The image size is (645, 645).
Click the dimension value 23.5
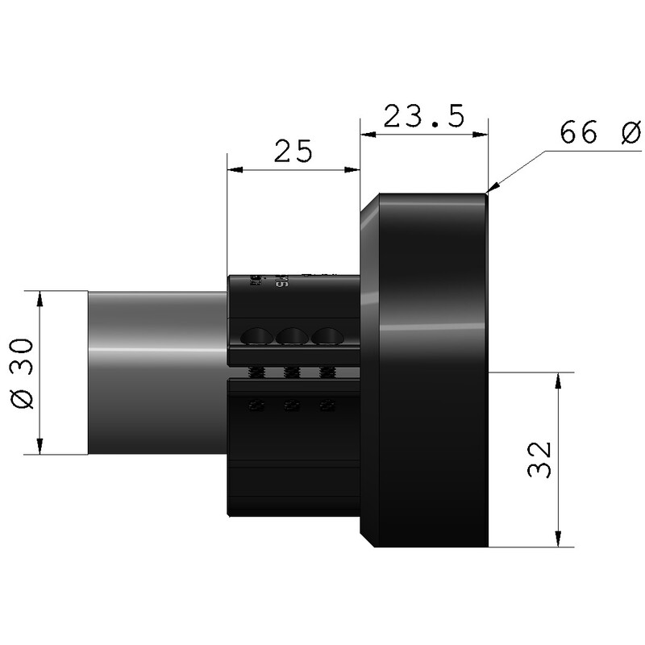(423, 116)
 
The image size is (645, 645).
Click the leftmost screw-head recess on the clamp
(257, 335)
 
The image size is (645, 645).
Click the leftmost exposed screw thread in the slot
(256, 372)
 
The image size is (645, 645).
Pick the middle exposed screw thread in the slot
(290, 372)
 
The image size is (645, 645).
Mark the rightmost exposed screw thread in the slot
(326, 372)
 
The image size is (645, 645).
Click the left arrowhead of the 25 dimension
(234, 169)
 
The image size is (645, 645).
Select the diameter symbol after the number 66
(630, 134)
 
